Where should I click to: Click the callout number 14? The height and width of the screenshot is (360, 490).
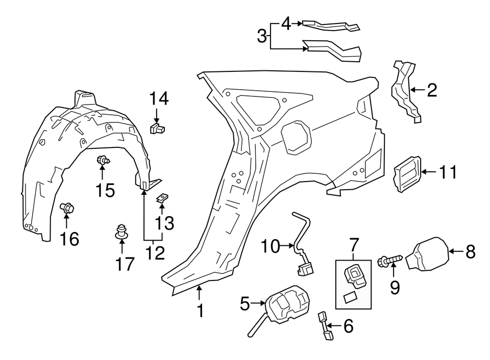pos(159,98)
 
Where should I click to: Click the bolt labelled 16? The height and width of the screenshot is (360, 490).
pos(67,208)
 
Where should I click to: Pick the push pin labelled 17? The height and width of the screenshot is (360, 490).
pos(121,232)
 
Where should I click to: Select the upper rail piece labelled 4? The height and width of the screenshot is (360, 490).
pos(330,24)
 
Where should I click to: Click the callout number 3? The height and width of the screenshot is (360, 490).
pos(262,36)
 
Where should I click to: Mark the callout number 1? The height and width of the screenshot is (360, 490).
pos(200,310)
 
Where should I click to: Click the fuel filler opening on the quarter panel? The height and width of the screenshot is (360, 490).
pos(295,137)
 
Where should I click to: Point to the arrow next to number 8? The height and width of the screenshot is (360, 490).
pos(456,251)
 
